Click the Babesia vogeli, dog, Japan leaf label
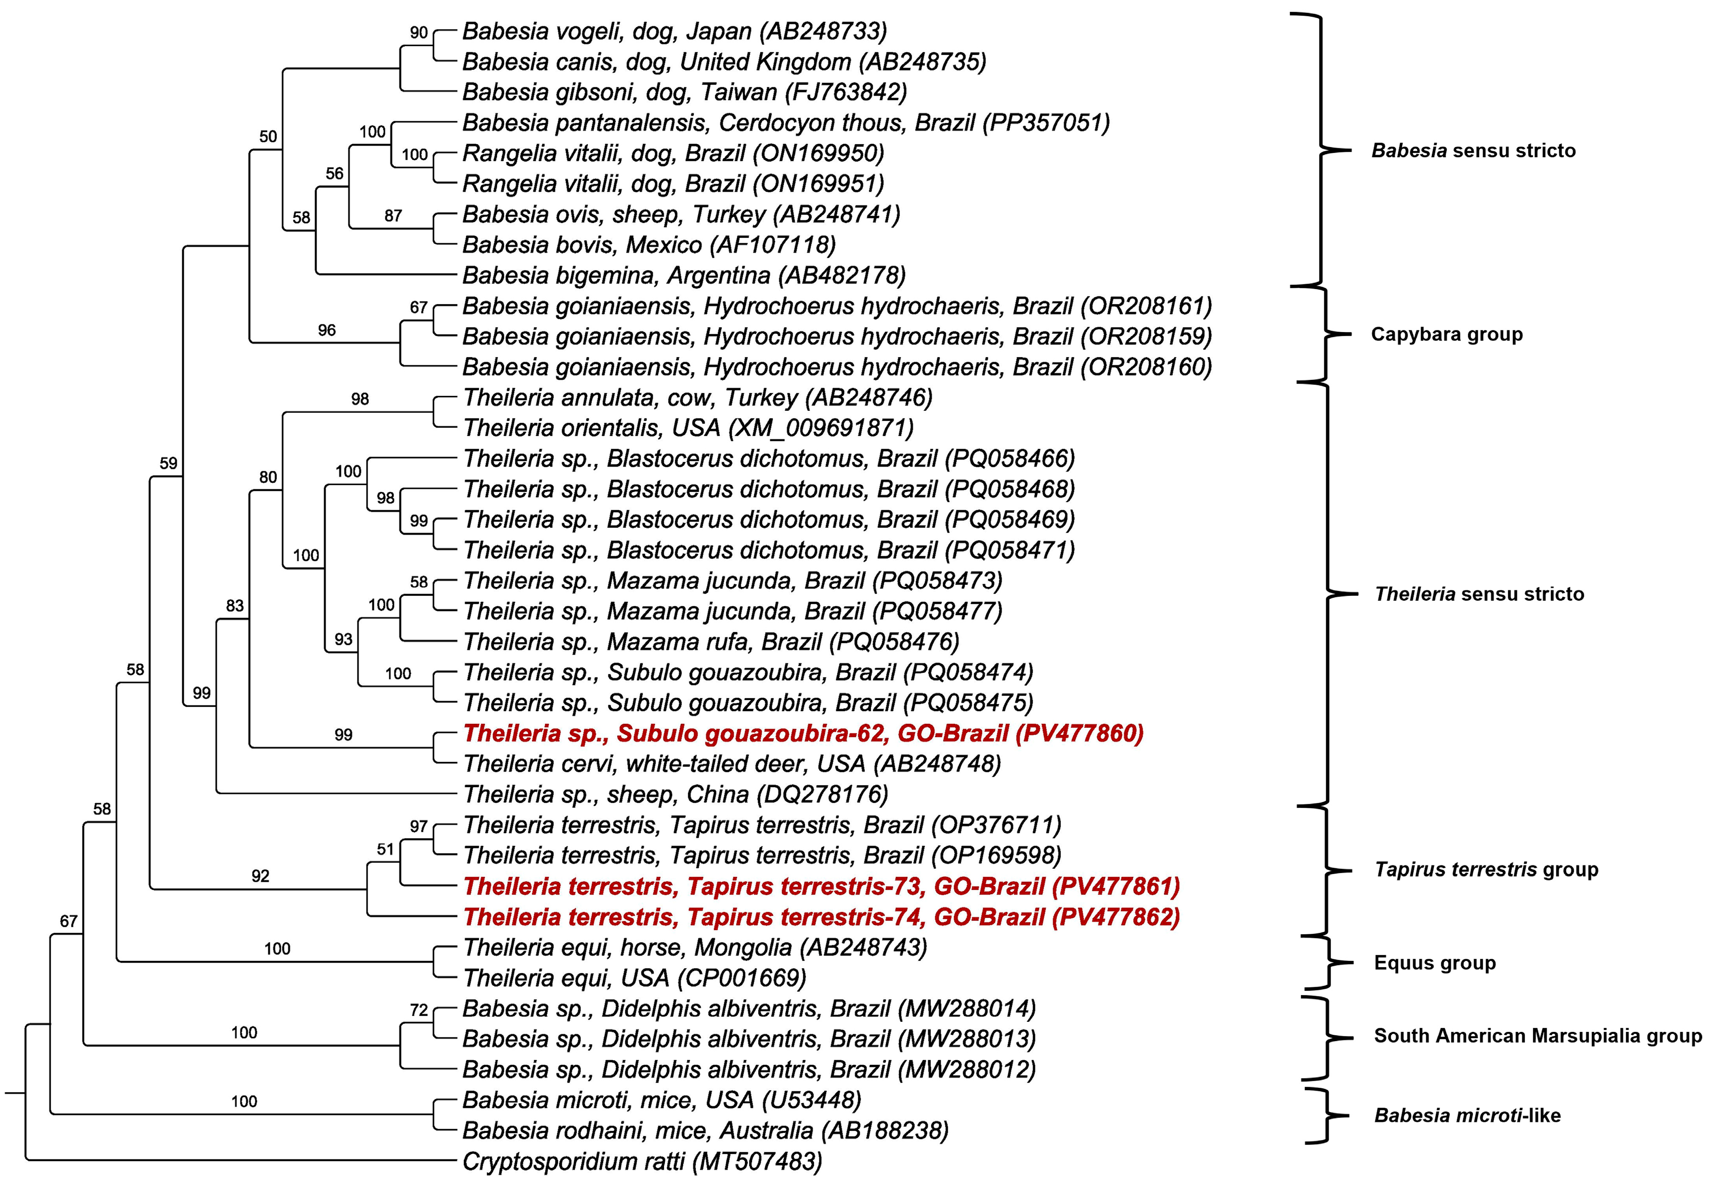click(x=674, y=31)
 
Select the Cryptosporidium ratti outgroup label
click(x=642, y=1162)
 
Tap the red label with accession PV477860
click(x=803, y=734)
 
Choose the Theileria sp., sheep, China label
click(x=676, y=794)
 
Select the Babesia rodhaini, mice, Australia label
click(x=705, y=1131)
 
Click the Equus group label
click(x=1434, y=963)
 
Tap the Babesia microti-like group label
click(x=1467, y=1116)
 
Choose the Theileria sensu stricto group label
click(x=1479, y=594)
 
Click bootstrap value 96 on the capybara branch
click(x=326, y=330)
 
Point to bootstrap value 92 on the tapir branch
click(x=260, y=876)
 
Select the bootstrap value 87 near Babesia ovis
click(x=393, y=216)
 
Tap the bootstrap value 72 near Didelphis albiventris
click(x=418, y=1009)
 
